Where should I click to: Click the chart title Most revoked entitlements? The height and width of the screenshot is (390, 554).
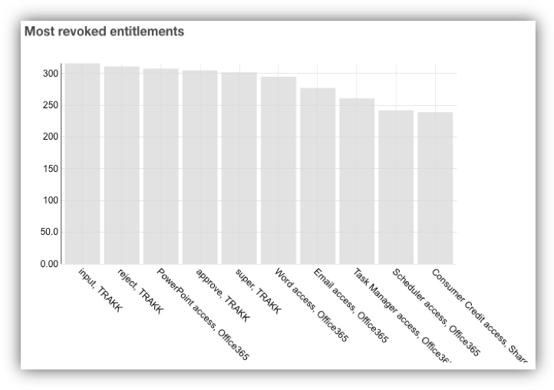tap(104, 31)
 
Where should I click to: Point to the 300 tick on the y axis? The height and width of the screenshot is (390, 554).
tap(50, 74)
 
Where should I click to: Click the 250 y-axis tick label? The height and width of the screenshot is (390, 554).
tap(50, 105)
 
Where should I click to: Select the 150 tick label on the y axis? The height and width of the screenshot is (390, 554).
tap(50, 168)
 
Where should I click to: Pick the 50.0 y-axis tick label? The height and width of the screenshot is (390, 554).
tap(48, 232)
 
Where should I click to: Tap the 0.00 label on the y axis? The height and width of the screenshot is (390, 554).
tap(48, 263)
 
